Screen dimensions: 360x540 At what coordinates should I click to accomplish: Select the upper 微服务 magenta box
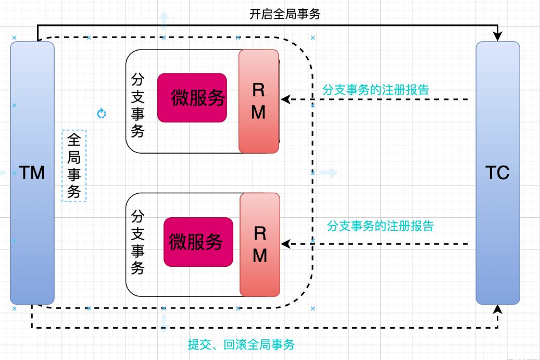[x=192, y=97]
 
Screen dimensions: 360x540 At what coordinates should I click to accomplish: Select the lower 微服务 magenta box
[x=198, y=242]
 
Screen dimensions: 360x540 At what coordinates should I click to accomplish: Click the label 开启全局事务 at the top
[x=285, y=15]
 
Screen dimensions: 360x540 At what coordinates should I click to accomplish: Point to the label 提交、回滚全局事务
[x=241, y=344]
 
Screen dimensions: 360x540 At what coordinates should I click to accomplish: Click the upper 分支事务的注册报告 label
[x=375, y=90]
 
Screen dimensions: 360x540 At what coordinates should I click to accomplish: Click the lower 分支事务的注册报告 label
[x=380, y=226]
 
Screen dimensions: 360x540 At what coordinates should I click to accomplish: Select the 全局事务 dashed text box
[x=74, y=166]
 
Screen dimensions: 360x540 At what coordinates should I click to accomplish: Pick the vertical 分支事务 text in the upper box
[x=137, y=105]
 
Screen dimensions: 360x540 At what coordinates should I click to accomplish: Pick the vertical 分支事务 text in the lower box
[x=137, y=242]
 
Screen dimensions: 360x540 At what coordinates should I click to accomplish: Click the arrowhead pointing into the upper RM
[x=285, y=99]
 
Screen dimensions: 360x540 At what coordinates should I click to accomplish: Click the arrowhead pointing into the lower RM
[x=285, y=243]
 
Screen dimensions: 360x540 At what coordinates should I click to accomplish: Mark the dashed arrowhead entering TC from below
[x=498, y=309]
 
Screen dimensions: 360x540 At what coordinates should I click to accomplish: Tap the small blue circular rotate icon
[x=102, y=113]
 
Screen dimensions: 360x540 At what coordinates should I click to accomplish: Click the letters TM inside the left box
[x=32, y=173]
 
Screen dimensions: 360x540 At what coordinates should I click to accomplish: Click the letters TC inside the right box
[x=497, y=173]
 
